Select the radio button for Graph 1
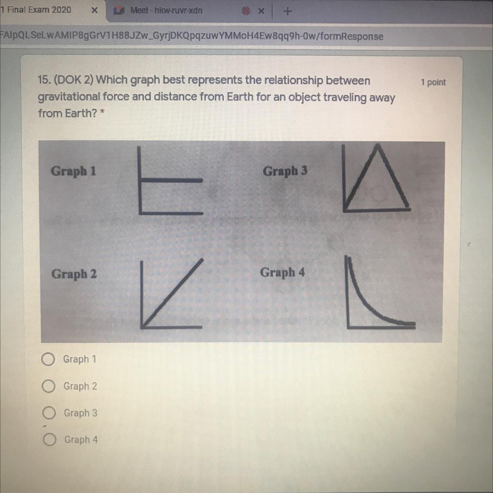(48, 359)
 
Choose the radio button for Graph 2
(48, 386)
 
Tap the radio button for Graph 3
(49, 413)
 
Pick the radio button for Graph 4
(49, 440)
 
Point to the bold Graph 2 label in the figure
(74, 274)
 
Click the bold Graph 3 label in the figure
(285, 171)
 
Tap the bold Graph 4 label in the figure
(282, 272)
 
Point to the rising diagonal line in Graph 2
(173, 293)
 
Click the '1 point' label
(433, 83)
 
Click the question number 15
(44, 80)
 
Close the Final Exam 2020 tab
(94, 11)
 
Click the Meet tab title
(166, 11)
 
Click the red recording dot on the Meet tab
(246, 11)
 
